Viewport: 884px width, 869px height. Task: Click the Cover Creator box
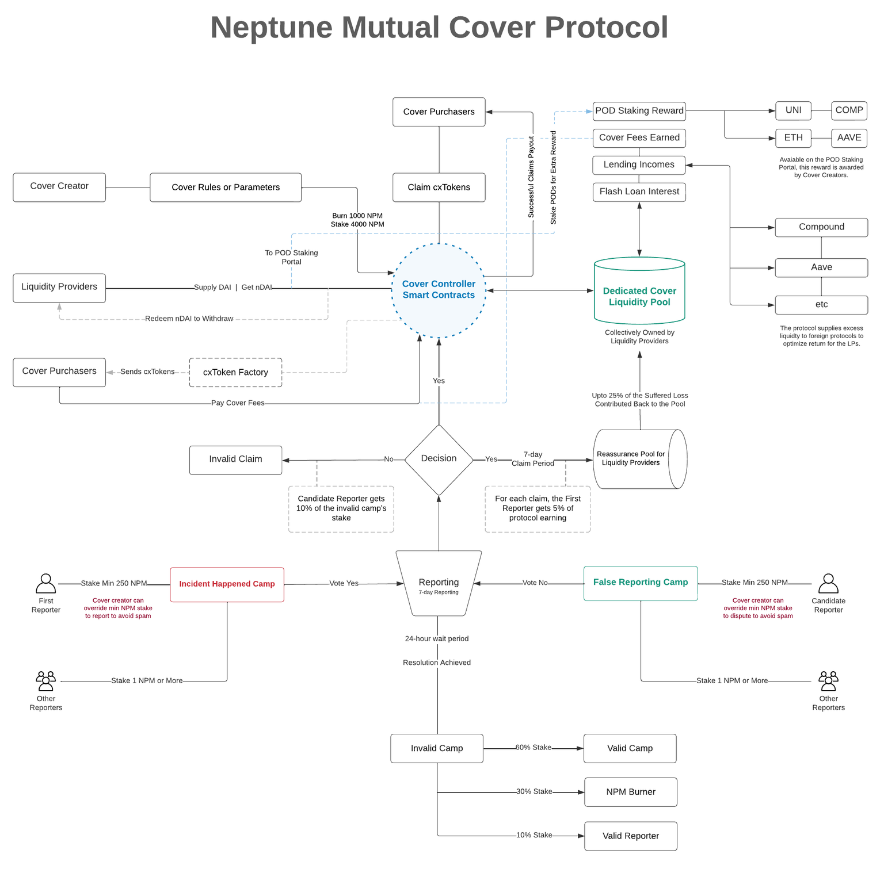(x=59, y=187)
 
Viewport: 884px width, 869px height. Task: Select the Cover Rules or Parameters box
(x=226, y=187)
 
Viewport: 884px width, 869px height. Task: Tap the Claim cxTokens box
(x=439, y=187)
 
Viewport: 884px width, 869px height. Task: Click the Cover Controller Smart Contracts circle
(x=439, y=290)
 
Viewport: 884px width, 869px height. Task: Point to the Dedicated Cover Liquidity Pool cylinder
(x=639, y=291)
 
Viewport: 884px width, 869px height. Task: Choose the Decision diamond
(x=439, y=460)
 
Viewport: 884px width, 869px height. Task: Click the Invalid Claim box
(x=236, y=460)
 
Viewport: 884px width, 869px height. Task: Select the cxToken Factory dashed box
(x=236, y=373)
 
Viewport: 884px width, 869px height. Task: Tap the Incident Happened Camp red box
(x=227, y=584)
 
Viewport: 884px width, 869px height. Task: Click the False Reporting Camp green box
(x=641, y=583)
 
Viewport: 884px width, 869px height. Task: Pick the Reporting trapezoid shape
(x=439, y=583)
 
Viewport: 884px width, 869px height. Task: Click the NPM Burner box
(x=631, y=792)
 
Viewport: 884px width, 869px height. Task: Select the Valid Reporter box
(x=631, y=836)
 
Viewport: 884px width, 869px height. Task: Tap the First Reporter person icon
(x=46, y=583)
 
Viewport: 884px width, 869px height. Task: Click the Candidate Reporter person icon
(x=829, y=583)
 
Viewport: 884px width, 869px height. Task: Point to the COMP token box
(x=849, y=110)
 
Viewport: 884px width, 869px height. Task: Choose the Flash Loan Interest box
(x=639, y=192)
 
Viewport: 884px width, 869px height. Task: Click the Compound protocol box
(x=822, y=227)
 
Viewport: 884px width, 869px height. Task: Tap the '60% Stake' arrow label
(x=534, y=748)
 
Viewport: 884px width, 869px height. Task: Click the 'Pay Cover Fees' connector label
(x=238, y=403)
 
